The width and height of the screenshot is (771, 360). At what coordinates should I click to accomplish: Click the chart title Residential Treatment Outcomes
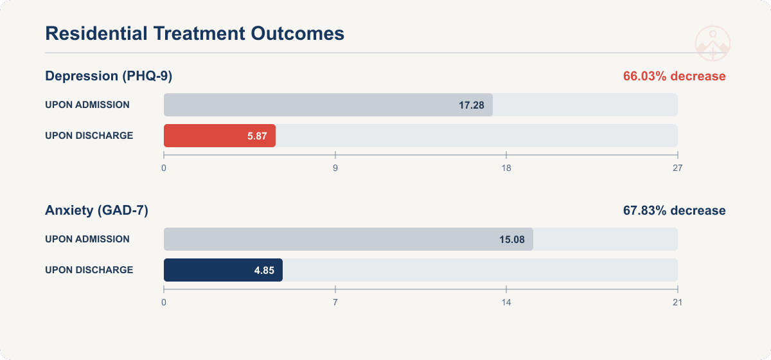point(195,33)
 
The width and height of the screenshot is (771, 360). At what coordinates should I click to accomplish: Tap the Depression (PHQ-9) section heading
point(109,76)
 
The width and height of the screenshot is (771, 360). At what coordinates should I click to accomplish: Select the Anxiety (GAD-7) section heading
point(97,210)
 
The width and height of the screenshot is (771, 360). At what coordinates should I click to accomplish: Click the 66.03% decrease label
point(674,76)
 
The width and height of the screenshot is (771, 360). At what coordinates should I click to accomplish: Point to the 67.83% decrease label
point(674,210)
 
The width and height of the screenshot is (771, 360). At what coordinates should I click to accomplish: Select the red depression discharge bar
point(220,136)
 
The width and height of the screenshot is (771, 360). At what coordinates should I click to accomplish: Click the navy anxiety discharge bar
point(223,270)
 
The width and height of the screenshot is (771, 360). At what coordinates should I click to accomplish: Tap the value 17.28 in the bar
point(471,105)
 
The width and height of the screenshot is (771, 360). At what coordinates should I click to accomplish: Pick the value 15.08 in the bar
point(512,239)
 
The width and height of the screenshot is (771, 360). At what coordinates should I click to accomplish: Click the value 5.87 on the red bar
point(257,136)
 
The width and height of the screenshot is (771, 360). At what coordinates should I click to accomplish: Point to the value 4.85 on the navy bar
point(264,271)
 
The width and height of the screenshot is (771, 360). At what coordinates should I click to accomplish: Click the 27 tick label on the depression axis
point(677,168)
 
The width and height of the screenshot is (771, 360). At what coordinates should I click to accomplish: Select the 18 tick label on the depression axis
point(506,168)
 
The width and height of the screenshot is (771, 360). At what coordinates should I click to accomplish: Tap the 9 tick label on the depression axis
point(335,168)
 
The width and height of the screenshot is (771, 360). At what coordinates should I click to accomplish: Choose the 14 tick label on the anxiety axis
point(506,303)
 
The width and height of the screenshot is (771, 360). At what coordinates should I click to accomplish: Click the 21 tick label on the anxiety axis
point(677,303)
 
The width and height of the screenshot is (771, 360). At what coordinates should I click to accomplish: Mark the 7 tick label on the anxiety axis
point(335,303)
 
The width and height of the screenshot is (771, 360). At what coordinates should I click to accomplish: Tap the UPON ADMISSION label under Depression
point(87,105)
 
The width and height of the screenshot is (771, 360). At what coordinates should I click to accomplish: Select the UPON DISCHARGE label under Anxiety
point(89,270)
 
